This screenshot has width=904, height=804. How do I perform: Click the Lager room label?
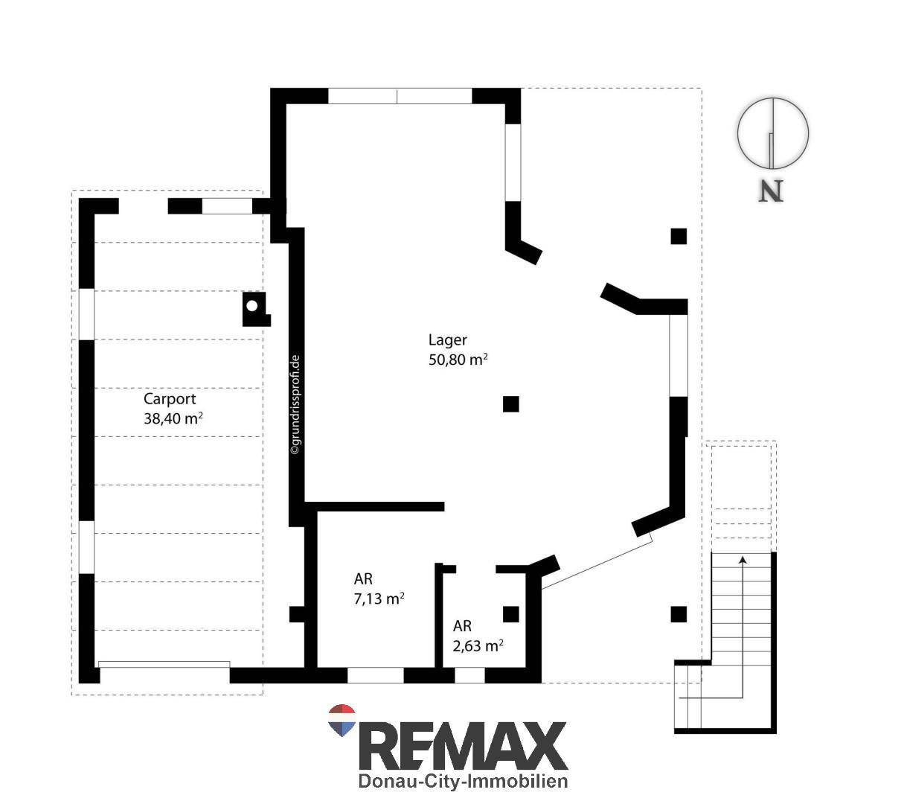pos(447,340)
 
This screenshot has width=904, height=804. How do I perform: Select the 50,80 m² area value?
pos(458,360)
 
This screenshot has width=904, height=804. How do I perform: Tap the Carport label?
pos(170,399)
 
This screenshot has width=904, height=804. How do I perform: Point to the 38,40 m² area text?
pos(173,418)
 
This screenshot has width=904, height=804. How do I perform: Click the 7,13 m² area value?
pos(379,599)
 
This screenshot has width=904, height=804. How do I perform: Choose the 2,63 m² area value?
pos(478,646)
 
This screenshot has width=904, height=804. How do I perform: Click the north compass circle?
pos(773,133)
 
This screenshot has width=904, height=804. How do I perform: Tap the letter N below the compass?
pos(771,191)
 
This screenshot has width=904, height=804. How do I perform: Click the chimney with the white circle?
pos(256,309)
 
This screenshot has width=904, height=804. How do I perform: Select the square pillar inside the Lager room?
pos(511,404)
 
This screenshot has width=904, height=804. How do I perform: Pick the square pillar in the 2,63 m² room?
pos(511,614)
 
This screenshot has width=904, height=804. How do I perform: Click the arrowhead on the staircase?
pos(743,559)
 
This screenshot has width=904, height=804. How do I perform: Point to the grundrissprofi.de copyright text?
pos(296,405)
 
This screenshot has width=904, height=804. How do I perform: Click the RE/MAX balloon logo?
pos(342,720)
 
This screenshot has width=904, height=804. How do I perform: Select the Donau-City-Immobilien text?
pos(463,781)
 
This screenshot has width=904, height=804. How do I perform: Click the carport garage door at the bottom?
pos(164,666)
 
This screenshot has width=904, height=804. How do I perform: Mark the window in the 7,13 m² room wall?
pos(376,675)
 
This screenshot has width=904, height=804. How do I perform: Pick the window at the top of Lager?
pos(400,96)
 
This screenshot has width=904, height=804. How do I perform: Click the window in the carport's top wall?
pos(227,206)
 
